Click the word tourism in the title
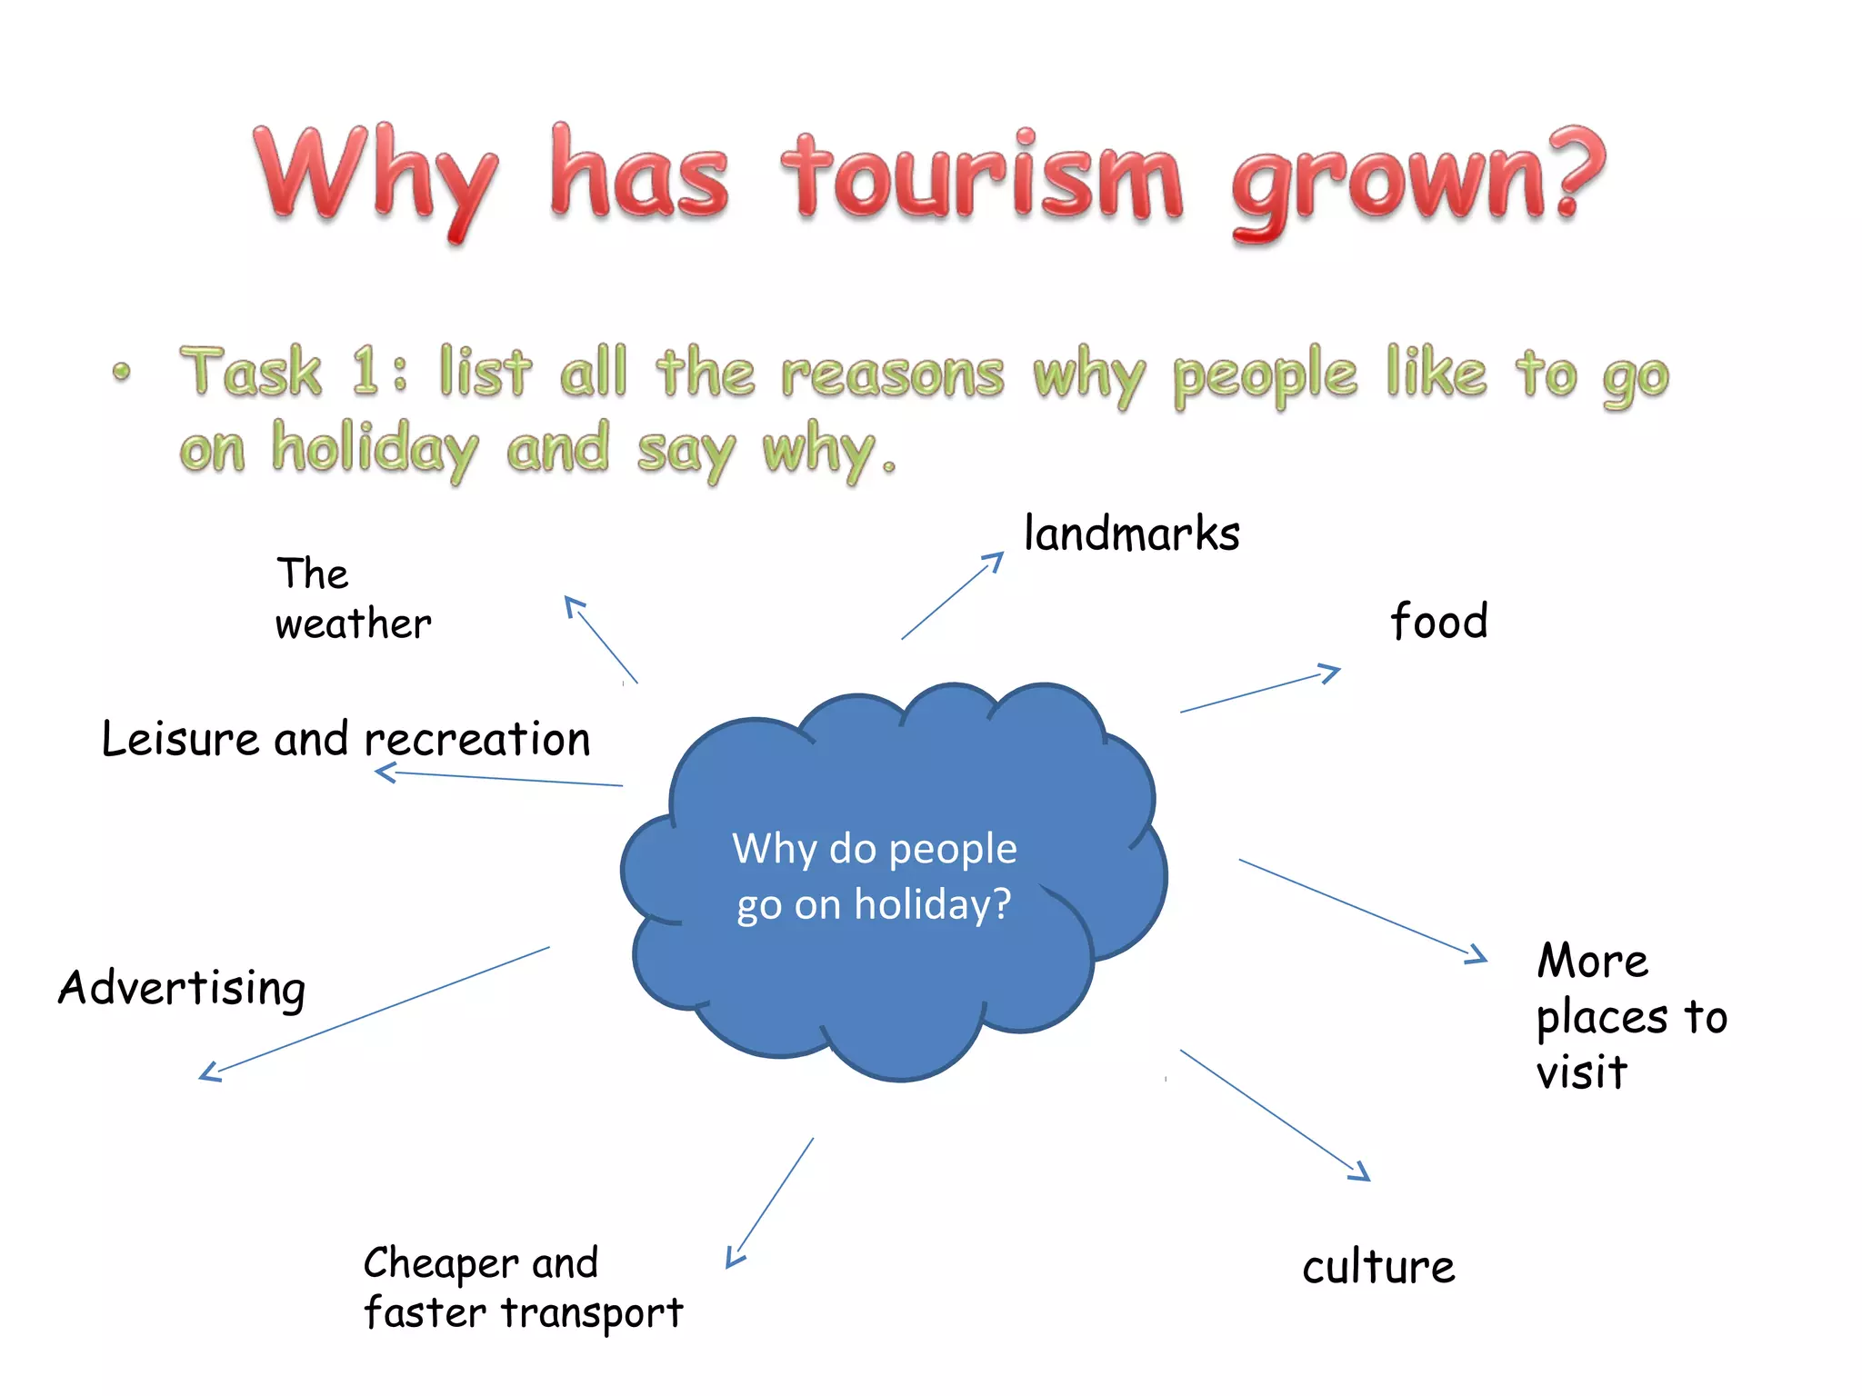tap(982, 177)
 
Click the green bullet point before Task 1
tap(122, 372)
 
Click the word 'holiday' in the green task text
tap(375, 450)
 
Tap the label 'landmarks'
tap(1131, 533)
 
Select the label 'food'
tap(1438, 622)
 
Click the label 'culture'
tap(1378, 1267)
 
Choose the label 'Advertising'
tap(182, 988)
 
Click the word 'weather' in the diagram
tap(353, 624)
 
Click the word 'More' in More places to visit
tap(1592, 961)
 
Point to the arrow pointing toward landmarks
tap(952, 596)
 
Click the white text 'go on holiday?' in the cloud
tap(874, 905)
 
